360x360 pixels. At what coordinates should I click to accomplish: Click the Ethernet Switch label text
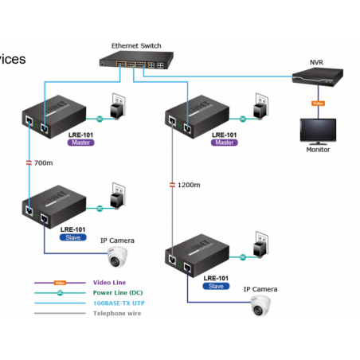[136, 46]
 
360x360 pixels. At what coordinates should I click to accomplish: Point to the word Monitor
[318, 149]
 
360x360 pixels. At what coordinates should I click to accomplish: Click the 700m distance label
[44, 162]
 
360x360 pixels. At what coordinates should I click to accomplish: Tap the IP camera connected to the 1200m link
[260, 304]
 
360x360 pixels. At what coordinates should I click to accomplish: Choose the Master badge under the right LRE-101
[223, 143]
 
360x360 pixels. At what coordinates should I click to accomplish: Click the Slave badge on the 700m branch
[73, 237]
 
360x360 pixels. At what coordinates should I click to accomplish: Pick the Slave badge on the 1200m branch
[215, 285]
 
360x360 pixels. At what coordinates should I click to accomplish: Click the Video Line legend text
[108, 282]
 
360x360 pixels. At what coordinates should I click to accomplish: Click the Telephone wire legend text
[117, 313]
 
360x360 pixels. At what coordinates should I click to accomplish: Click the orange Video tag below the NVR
[317, 103]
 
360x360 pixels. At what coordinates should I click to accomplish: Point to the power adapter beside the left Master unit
[117, 110]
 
